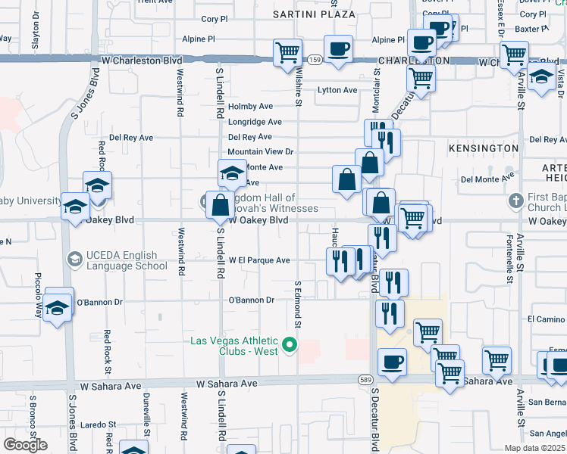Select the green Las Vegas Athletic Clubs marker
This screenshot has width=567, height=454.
tap(289, 347)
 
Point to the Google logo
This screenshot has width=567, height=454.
tap(25, 444)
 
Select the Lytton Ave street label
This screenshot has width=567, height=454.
tap(337, 90)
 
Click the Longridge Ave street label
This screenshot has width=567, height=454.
tap(255, 122)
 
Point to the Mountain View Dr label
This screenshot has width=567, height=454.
tap(260, 152)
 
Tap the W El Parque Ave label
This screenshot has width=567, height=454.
tap(260, 260)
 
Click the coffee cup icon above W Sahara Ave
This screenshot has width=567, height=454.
tap(392, 362)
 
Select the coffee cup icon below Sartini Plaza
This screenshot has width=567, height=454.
tap(339, 49)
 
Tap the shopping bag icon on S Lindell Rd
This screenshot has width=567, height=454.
tap(219, 205)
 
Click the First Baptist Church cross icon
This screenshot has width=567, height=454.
tap(515, 201)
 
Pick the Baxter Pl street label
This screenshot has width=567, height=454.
tap(532, 29)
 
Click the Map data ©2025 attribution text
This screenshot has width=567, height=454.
tap(535, 448)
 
